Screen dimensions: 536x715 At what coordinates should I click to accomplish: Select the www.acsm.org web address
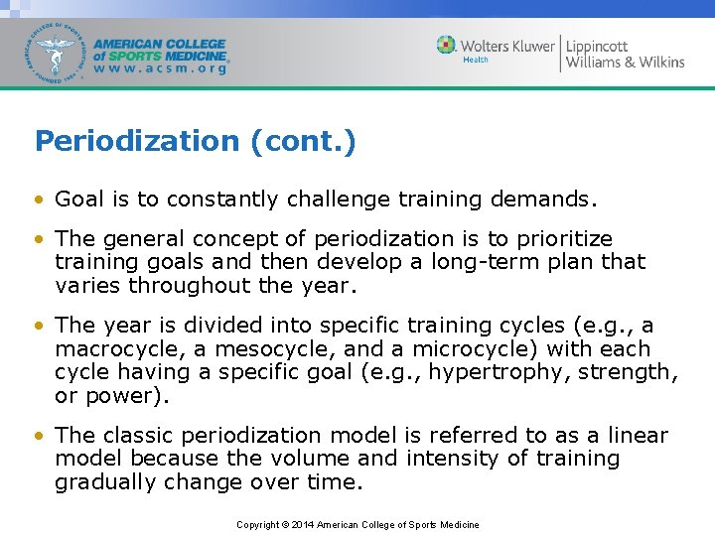click(x=160, y=69)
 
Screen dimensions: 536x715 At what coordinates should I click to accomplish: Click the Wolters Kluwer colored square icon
click(x=447, y=45)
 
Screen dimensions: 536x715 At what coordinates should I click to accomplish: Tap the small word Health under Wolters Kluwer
click(x=476, y=61)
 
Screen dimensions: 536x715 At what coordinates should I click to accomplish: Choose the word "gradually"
click(x=102, y=481)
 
